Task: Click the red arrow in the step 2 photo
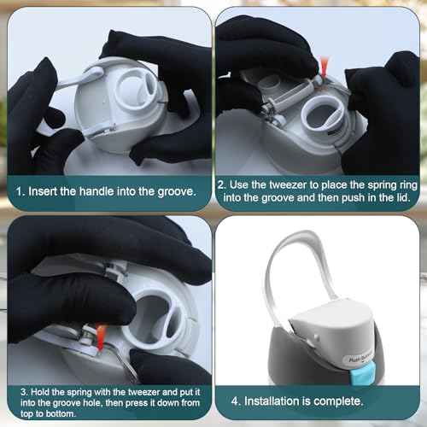click(x=325, y=67)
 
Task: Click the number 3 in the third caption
click(x=24, y=392)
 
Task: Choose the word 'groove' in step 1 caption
click(x=177, y=191)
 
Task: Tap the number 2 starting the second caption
click(x=221, y=185)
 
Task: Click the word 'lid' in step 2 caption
click(x=403, y=197)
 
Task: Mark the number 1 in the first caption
click(x=19, y=191)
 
